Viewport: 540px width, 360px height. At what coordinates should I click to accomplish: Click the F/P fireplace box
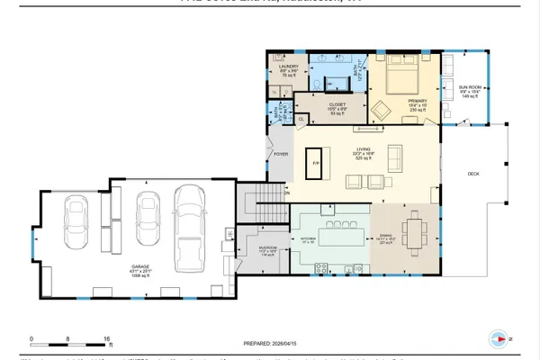(x=315, y=165)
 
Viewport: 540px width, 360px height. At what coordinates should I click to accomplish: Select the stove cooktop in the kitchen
(x=320, y=266)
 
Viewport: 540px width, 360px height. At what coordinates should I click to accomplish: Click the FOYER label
(x=280, y=154)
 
